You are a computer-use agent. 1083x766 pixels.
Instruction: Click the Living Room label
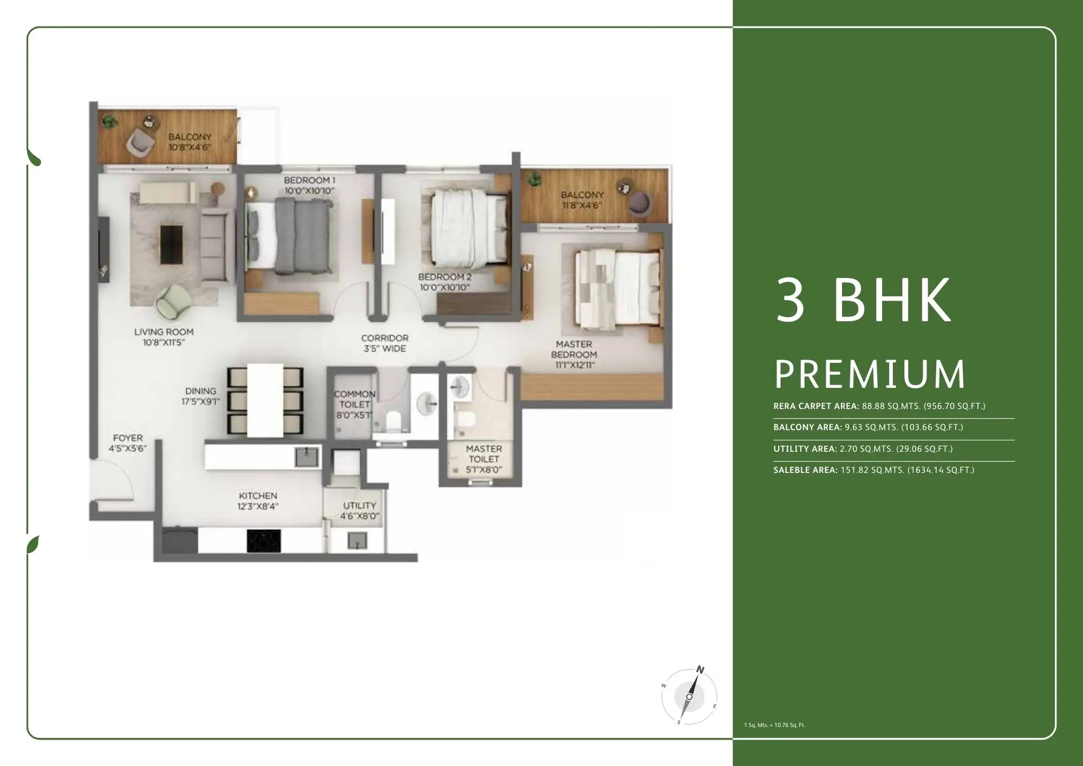[164, 332]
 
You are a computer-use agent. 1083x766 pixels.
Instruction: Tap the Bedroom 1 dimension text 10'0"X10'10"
[309, 191]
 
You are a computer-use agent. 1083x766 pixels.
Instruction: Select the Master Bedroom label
[574, 349]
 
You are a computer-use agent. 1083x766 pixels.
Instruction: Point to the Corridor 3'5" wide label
[384, 343]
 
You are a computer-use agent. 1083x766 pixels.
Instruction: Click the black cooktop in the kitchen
[264, 541]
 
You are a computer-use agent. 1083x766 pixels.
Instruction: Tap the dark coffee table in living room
[171, 245]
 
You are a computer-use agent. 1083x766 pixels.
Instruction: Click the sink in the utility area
[357, 540]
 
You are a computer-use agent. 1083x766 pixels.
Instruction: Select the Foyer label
[128, 438]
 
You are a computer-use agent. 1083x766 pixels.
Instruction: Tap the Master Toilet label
[484, 454]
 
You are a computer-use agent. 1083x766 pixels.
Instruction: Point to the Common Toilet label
[354, 399]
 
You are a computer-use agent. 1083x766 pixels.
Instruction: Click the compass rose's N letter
[700, 670]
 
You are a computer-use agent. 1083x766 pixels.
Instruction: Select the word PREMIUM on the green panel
[870, 374]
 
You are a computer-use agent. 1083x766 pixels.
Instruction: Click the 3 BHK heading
[863, 301]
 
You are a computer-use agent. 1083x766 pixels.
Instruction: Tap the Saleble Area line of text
[873, 470]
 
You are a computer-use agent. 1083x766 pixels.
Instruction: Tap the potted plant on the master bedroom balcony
[536, 178]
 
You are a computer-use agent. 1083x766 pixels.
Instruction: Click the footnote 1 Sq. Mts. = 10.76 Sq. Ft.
[774, 725]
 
